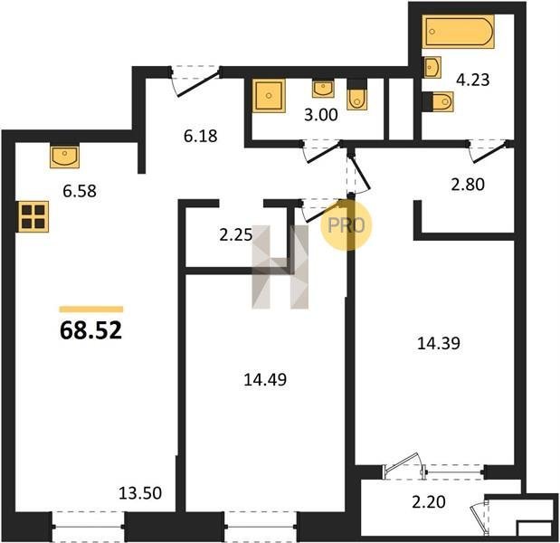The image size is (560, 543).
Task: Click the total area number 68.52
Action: tap(91, 330)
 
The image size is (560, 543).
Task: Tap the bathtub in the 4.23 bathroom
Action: tap(458, 32)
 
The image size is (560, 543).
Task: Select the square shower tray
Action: tap(269, 96)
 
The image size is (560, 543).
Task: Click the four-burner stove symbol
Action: tap(33, 217)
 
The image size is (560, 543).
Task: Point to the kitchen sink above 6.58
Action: tap(64, 156)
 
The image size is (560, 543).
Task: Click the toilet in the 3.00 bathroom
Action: tap(356, 95)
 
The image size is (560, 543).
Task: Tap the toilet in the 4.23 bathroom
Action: tap(438, 101)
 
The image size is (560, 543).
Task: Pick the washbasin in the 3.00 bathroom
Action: tap(323, 89)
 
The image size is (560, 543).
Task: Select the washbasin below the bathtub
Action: tap(432, 66)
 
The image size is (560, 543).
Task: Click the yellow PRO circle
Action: tap(346, 225)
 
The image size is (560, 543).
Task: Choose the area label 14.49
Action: tap(265, 379)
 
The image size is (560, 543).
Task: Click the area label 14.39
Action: tap(439, 343)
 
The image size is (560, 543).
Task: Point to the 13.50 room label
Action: tap(140, 493)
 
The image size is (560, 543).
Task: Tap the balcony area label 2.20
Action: tap(429, 502)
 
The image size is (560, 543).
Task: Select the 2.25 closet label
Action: tap(236, 235)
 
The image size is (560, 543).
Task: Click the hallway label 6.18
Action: tap(200, 136)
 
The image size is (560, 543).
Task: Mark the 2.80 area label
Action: tap(468, 185)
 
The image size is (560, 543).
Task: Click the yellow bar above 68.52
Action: tap(91, 310)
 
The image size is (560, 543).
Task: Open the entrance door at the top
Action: tap(195, 81)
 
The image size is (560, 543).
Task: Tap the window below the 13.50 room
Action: tap(88, 527)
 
